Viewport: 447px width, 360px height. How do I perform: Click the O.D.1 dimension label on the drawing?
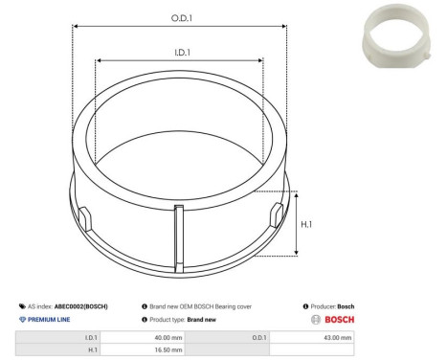180,16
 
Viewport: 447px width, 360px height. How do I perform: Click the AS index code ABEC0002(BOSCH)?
80,306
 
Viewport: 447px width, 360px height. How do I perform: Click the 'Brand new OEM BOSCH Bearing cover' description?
195,306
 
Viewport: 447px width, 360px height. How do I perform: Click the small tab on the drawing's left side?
82,214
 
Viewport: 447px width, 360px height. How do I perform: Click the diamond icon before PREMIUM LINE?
21,319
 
